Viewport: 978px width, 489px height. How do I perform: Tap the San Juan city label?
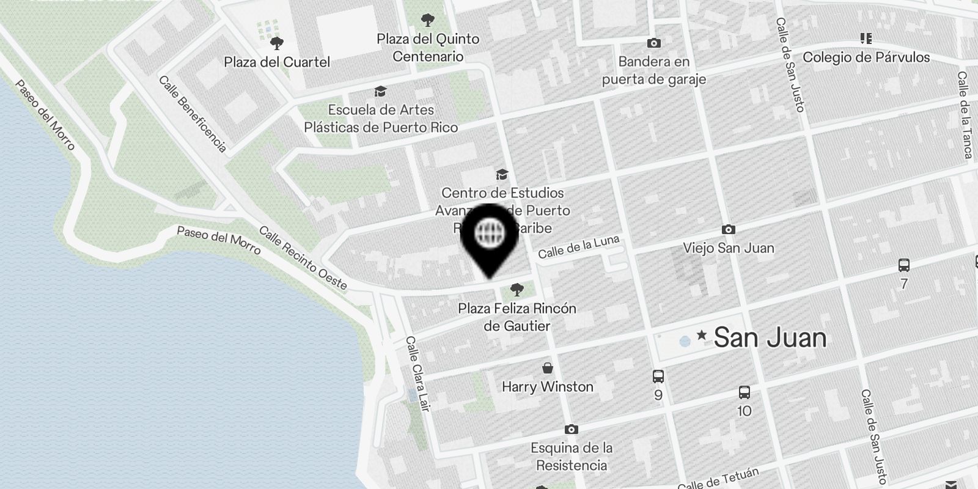[x=770, y=338]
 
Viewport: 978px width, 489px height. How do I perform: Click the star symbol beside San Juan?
[x=702, y=335]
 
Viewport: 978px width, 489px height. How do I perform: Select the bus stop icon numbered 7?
[x=904, y=265]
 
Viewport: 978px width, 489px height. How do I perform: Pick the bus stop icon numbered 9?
[x=658, y=377]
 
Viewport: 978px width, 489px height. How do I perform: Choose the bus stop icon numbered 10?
[x=744, y=392]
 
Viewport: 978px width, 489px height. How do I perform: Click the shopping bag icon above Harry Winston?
[x=548, y=368]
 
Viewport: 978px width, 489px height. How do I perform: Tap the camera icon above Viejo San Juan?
[x=728, y=230]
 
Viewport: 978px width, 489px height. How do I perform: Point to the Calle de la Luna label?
[x=578, y=246]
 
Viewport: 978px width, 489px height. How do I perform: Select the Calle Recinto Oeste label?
[x=303, y=258]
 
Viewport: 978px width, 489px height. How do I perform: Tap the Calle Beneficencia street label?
[x=193, y=114]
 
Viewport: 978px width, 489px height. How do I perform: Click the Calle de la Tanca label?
[x=965, y=115]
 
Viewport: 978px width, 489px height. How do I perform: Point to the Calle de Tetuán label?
[x=718, y=479]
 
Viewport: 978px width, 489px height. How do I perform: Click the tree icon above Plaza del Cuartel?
[x=277, y=43]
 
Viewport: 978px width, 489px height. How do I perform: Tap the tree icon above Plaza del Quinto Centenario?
[x=428, y=20]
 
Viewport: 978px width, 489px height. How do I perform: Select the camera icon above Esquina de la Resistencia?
[x=571, y=430]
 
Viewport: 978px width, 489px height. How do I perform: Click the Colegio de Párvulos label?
[x=866, y=57]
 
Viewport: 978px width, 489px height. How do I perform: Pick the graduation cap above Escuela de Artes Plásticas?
[x=381, y=92]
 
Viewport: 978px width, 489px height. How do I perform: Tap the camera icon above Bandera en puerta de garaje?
[x=653, y=43]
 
